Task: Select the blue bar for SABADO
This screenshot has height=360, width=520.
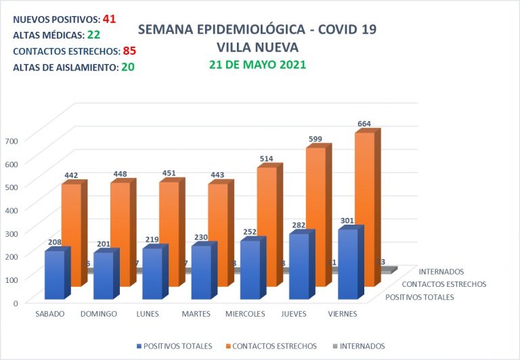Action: pos(54,274)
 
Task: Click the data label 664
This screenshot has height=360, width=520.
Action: pos(364,124)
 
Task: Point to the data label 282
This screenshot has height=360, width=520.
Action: pos(299,225)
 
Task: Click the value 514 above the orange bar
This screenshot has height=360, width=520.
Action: pos(266,158)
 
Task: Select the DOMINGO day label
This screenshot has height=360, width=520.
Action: pos(99,314)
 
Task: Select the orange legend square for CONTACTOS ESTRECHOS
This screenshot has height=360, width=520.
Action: pos(227,346)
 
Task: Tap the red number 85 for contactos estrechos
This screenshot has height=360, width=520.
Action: pos(130,51)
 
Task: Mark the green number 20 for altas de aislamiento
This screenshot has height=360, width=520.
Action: pos(127,67)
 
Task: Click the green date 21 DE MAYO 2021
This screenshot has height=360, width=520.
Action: pos(257,65)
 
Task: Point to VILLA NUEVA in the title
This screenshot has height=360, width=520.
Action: pos(257,47)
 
